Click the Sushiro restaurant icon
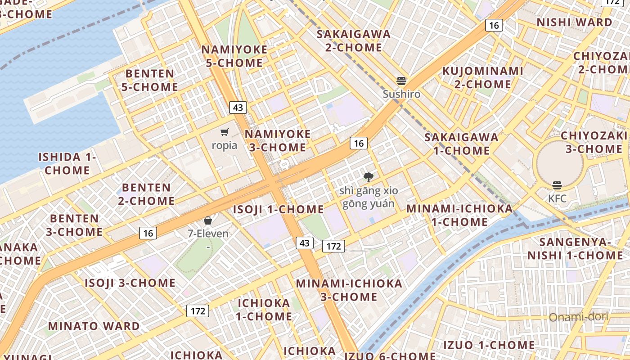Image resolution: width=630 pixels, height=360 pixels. [x=401, y=81]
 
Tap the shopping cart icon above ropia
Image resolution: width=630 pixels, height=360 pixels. [x=224, y=132]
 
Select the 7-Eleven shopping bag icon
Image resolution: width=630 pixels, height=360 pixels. [x=208, y=220]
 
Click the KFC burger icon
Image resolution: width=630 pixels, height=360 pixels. [x=557, y=185]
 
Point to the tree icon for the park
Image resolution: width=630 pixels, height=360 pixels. [x=369, y=177]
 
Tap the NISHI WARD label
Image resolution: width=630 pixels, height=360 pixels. [x=574, y=22]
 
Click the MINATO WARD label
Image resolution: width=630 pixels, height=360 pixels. [x=94, y=326]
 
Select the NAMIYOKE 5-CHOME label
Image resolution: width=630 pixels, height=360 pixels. [x=234, y=56]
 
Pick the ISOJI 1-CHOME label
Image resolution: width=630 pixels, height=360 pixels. [x=278, y=209]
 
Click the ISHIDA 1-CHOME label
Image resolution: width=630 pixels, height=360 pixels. [x=67, y=163]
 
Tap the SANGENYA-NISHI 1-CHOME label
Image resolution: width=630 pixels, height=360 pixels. [x=575, y=248]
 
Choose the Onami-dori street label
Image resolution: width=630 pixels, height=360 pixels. [x=578, y=317]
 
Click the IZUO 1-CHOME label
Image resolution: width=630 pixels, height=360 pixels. [x=489, y=346]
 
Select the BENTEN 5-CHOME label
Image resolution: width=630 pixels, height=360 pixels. [x=150, y=80]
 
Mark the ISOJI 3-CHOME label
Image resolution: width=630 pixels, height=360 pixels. [x=130, y=283]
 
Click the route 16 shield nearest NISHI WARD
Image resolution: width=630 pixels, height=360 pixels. [x=494, y=25]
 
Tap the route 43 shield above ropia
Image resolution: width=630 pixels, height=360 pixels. [x=238, y=107]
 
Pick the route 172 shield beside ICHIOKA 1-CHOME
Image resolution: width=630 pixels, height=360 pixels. [x=198, y=311]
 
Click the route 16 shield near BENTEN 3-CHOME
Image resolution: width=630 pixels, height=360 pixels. [x=148, y=233]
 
